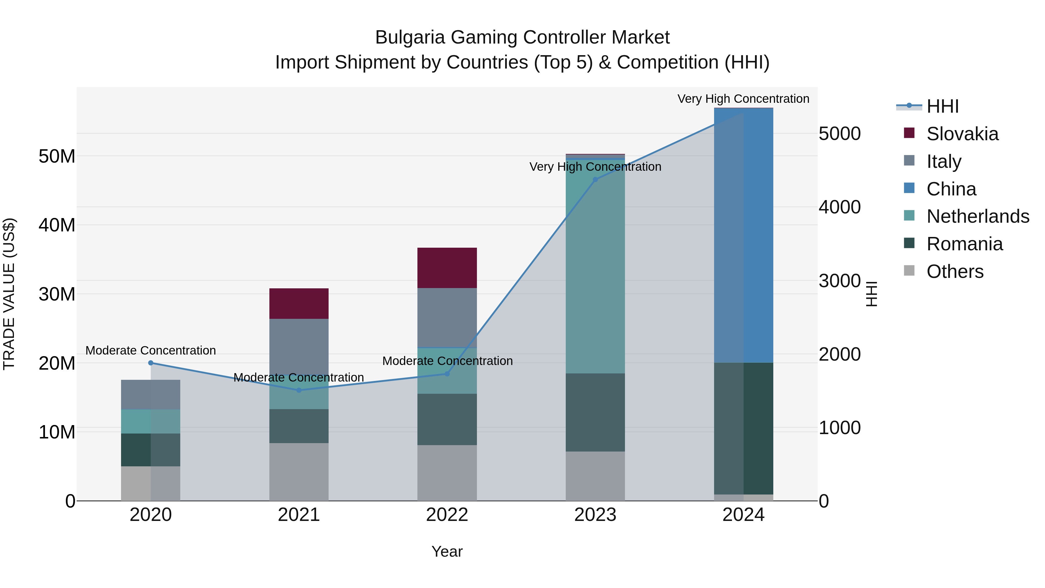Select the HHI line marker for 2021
click(x=299, y=390)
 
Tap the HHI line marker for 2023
click(x=596, y=180)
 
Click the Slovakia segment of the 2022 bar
click(x=447, y=268)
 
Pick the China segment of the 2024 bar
click(x=744, y=235)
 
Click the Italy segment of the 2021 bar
click(x=299, y=345)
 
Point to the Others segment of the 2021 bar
click(x=299, y=472)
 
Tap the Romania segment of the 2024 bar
click(x=744, y=429)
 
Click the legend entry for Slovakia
click(x=962, y=134)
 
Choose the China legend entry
click(x=951, y=189)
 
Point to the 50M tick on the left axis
click(x=57, y=156)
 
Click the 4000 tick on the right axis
click(x=839, y=207)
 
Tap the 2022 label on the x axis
click(x=447, y=515)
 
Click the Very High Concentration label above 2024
click(x=743, y=99)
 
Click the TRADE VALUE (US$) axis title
click(x=9, y=294)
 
